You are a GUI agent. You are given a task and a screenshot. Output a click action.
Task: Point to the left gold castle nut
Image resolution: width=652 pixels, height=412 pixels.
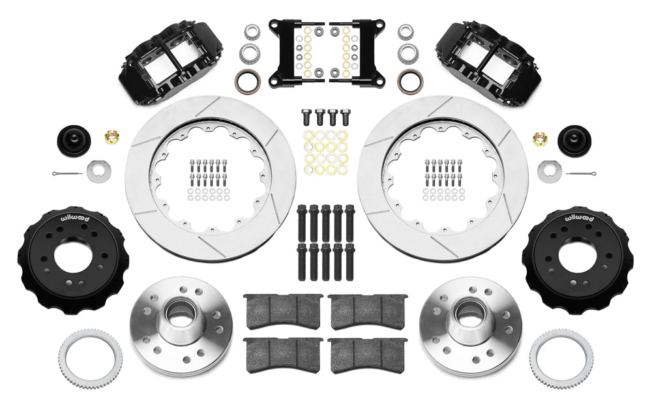coord(111,138)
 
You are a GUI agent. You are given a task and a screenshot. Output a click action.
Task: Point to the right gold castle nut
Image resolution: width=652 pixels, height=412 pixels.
coord(540,138)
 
